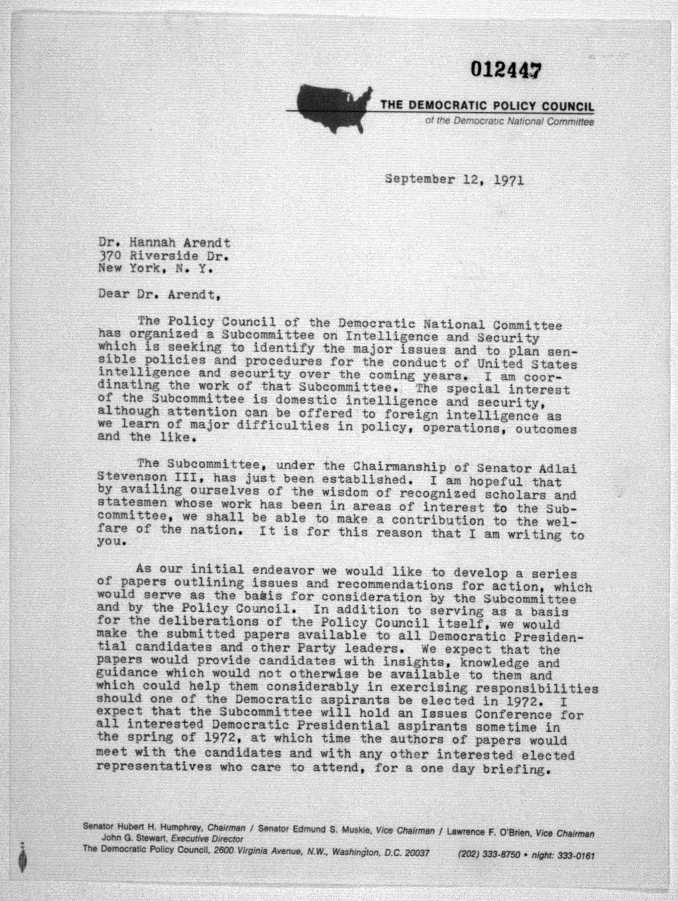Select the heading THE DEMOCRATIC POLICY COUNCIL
(487, 106)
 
